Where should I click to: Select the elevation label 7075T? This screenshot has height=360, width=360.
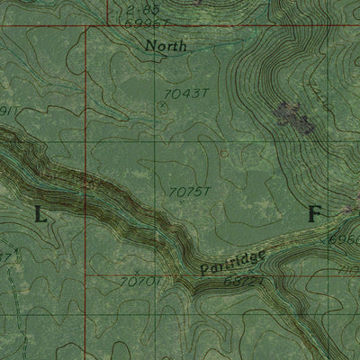(x=188, y=191)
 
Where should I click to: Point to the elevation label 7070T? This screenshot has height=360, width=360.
(x=138, y=283)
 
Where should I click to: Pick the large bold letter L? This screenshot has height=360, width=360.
(x=40, y=214)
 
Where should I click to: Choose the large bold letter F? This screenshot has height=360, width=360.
(x=314, y=214)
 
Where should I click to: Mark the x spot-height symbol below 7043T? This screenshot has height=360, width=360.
(x=162, y=106)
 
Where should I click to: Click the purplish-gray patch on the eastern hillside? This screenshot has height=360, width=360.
(x=290, y=113)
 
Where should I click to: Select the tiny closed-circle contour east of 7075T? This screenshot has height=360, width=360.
(x=224, y=154)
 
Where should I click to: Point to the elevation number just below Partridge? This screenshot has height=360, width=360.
(x=218, y=283)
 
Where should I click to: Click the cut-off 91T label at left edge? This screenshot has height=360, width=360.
(x=8, y=111)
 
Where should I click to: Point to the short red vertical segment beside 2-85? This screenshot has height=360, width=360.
(x=107, y=11)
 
